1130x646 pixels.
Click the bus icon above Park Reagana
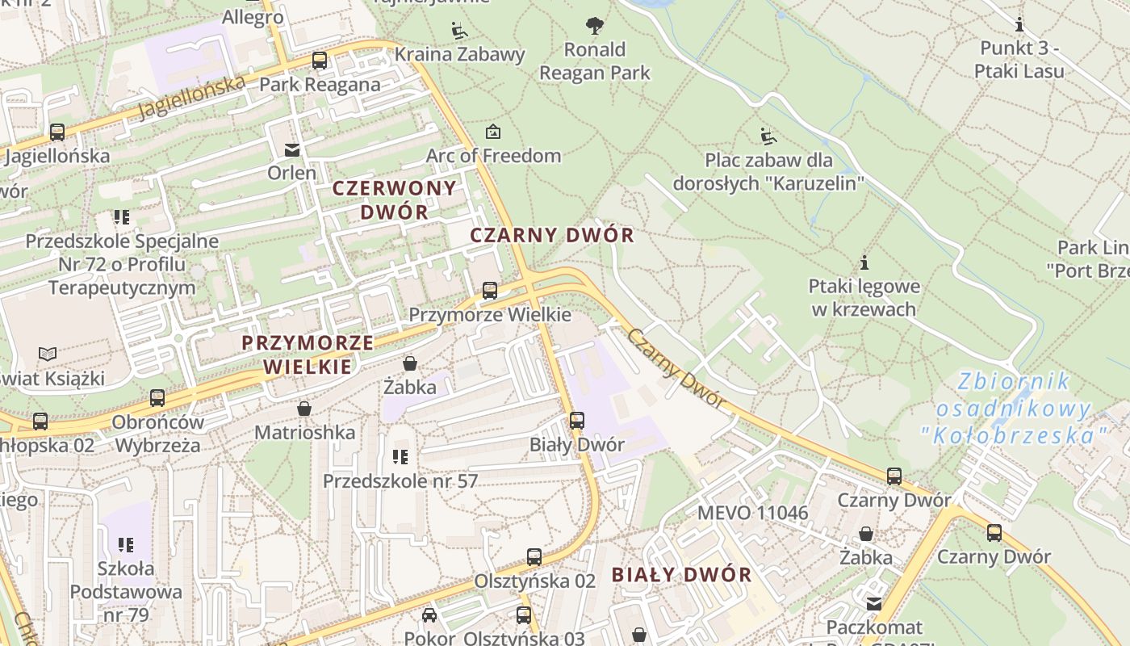(320, 61)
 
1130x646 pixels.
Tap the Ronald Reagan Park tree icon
(595, 26)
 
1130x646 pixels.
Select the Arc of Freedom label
(493, 155)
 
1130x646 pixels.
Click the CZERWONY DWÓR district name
(395, 199)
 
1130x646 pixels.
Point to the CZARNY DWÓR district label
(552, 236)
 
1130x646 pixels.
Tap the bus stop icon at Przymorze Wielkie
(489, 291)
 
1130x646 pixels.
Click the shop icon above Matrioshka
(304, 409)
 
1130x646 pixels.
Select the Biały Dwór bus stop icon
(576, 421)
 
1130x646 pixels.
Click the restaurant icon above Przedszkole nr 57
(400, 458)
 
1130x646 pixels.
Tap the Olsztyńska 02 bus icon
(534, 557)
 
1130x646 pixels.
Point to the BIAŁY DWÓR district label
(681, 575)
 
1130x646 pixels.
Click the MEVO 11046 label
(752, 513)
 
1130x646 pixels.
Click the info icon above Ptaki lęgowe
(864, 262)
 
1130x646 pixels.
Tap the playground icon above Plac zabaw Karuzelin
(768, 136)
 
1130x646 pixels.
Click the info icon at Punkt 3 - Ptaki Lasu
(1019, 24)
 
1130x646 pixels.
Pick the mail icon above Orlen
(291, 149)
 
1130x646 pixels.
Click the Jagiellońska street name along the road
(191, 97)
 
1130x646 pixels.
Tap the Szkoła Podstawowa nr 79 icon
(125, 545)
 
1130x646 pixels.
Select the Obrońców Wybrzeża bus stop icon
(157, 398)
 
